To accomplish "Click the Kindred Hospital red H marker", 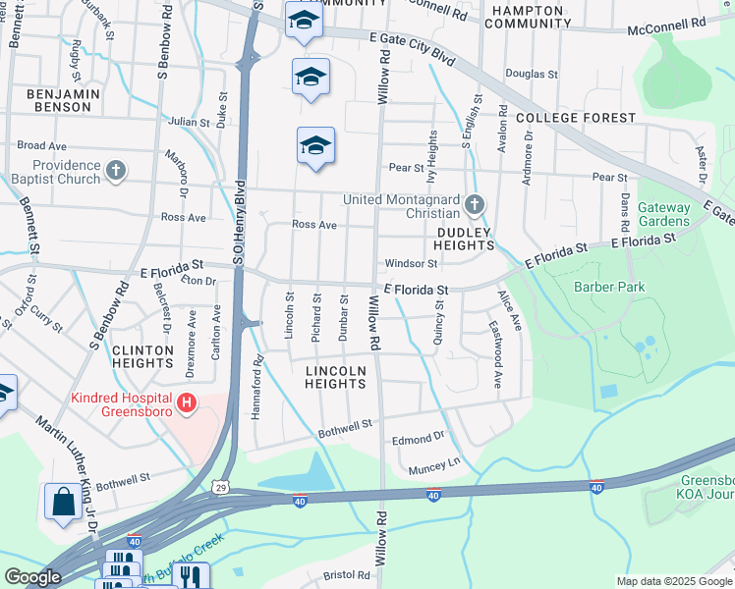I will coord(184,402).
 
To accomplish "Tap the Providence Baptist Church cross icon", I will coord(116,172).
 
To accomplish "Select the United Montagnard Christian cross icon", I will coord(475,205).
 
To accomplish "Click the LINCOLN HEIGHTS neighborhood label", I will coord(335,377).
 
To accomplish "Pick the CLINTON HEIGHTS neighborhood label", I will coord(142,356).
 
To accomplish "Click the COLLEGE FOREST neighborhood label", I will coord(576,118).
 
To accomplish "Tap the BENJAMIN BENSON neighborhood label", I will coord(65,101).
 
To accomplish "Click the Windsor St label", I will coord(411,263).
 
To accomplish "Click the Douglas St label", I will coord(532,74).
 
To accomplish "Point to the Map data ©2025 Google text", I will coord(673,581).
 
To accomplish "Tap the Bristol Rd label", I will coord(349,575).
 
